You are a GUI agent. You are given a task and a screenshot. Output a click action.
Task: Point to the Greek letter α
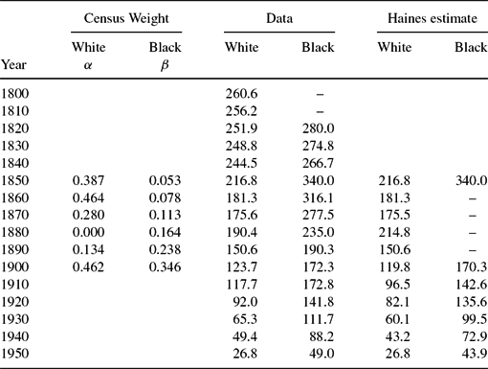coord(89,64)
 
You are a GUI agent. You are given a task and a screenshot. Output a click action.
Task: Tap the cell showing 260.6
coord(241,95)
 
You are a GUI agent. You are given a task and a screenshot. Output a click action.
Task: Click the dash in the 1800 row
coord(320,95)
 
